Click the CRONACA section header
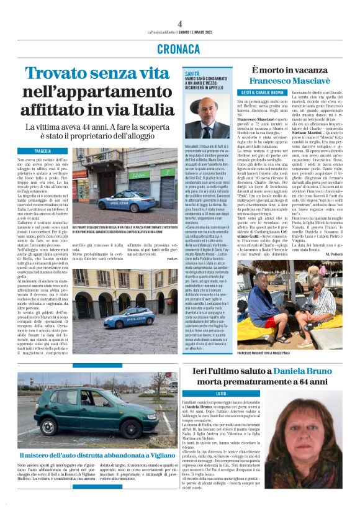pos(179,48)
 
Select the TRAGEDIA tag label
pos(43,151)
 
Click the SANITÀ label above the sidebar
pos(193,73)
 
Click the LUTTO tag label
pos(221,394)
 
